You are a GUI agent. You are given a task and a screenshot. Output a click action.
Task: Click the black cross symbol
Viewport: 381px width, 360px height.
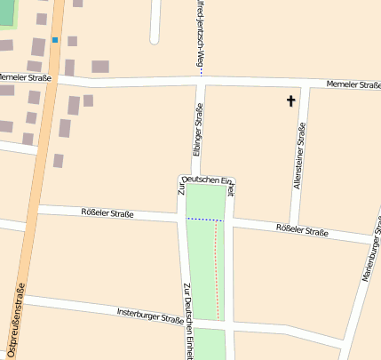pyautogui.click(x=290, y=101)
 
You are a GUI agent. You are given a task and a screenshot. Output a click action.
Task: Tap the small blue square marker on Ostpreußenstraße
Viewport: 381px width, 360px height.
pyautogui.click(x=55, y=40)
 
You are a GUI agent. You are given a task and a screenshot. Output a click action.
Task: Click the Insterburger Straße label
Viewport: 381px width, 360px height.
pyautogui.click(x=150, y=316)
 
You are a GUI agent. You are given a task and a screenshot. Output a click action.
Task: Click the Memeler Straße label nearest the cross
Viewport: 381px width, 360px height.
pyautogui.click(x=352, y=84)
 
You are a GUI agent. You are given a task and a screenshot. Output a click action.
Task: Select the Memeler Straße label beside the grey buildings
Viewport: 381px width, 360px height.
pyautogui.click(x=27, y=78)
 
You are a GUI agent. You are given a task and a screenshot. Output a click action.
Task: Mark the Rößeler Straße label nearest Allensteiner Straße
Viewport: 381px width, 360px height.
pyautogui.click(x=302, y=231)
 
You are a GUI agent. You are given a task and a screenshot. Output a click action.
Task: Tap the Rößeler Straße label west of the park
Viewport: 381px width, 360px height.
pyautogui.click(x=107, y=213)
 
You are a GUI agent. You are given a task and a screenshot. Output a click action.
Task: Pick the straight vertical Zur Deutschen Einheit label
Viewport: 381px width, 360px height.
pyautogui.click(x=187, y=320)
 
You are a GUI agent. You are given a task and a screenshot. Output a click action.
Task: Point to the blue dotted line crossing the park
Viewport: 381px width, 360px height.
pyautogui.click(x=204, y=219)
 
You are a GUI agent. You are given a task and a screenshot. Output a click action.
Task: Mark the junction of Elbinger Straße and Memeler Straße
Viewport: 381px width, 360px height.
pyautogui.click(x=199, y=83)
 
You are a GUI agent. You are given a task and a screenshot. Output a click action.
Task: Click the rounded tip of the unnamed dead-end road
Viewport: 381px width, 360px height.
pyautogui.click(x=155, y=38)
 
